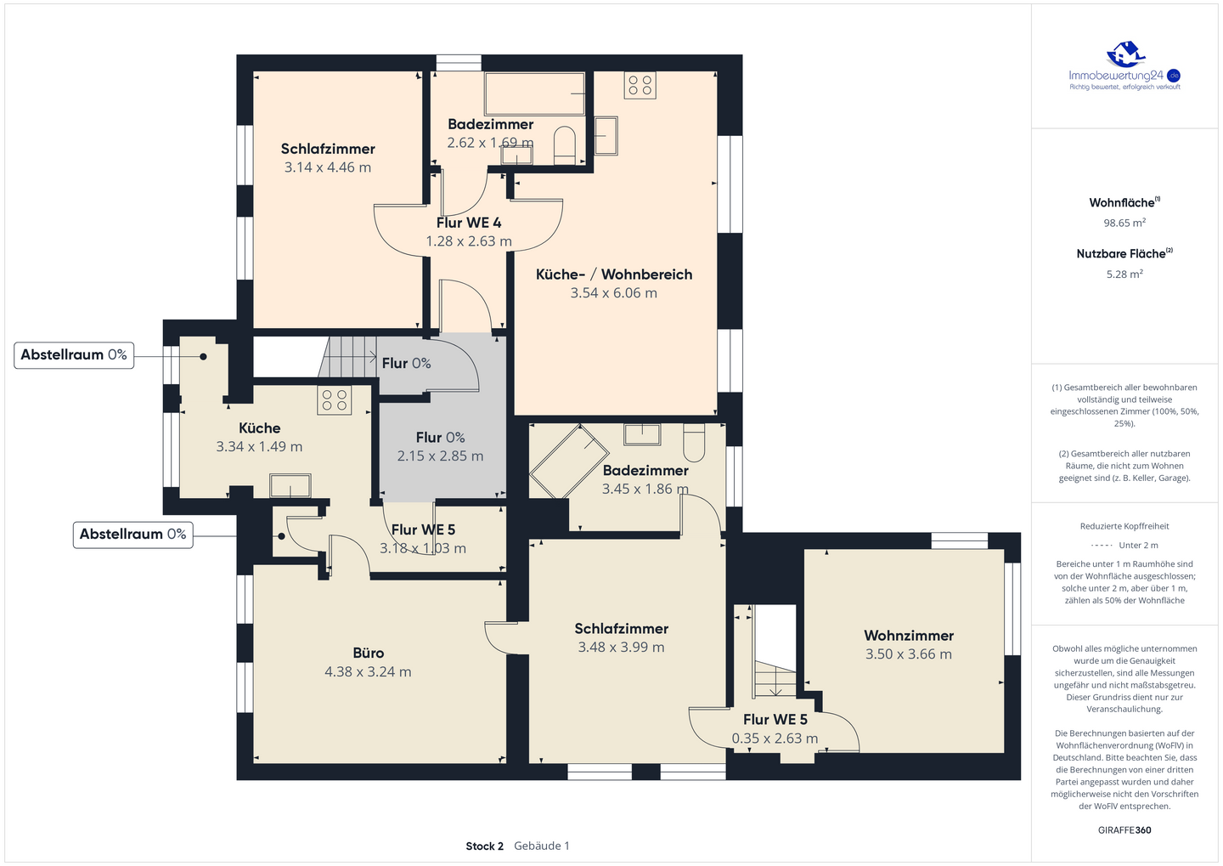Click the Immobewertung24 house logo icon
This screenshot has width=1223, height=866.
pyautogui.click(x=1124, y=54)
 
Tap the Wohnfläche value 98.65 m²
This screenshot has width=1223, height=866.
pyautogui.click(x=1124, y=223)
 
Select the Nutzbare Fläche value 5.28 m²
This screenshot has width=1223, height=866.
pyautogui.click(x=1124, y=275)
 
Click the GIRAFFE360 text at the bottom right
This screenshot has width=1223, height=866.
pyautogui.click(x=1124, y=830)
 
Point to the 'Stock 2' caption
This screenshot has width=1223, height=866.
pyautogui.click(x=484, y=846)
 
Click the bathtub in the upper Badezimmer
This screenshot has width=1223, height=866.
pyautogui.click(x=534, y=93)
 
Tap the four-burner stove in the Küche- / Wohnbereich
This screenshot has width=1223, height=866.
pyautogui.click(x=640, y=86)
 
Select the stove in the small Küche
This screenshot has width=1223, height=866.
pyautogui.click(x=334, y=400)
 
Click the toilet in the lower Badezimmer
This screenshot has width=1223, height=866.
pyautogui.click(x=694, y=442)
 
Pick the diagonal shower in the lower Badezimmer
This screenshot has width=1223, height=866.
pyautogui.click(x=569, y=461)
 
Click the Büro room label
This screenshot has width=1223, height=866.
pyautogui.click(x=368, y=653)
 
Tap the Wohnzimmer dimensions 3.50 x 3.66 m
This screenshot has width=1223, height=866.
pyautogui.click(x=909, y=654)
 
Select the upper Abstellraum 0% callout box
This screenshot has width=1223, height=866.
pyautogui.click(x=74, y=355)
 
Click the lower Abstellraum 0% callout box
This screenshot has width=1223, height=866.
pyautogui.click(x=133, y=535)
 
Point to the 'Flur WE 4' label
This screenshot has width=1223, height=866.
pyautogui.click(x=469, y=223)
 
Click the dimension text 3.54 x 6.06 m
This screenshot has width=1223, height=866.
pyautogui.click(x=614, y=293)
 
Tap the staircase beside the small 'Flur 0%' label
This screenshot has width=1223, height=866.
pyautogui.click(x=347, y=357)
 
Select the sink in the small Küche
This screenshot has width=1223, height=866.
pyautogui.click(x=290, y=485)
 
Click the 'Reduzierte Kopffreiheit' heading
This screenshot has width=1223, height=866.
pyautogui.click(x=1124, y=526)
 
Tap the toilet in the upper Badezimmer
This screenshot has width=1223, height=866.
pyautogui.click(x=565, y=145)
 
